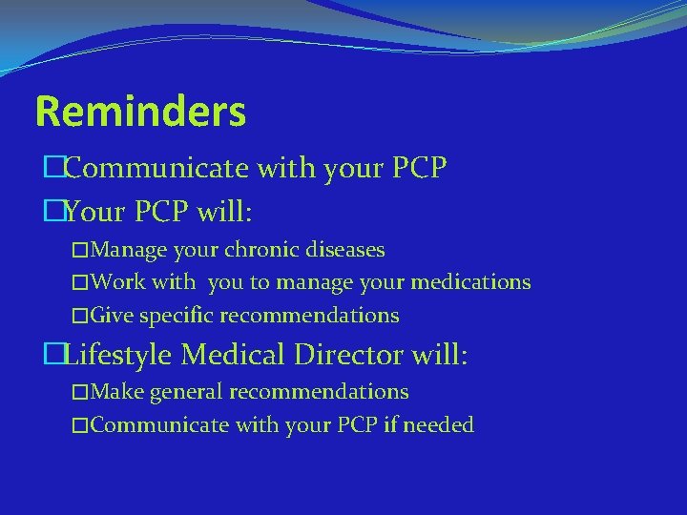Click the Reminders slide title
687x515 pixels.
point(140,112)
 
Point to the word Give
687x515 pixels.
point(114,316)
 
